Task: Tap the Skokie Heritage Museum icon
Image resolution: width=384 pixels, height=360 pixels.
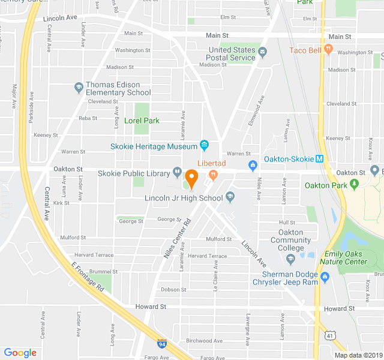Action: pos(204,145)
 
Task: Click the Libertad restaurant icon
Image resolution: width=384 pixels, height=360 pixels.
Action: pos(212,174)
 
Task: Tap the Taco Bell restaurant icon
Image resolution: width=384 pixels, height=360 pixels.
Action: pos(328,49)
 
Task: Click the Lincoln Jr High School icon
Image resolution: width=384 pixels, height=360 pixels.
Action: pos(230,197)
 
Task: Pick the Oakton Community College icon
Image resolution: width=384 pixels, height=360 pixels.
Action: pos(290,259)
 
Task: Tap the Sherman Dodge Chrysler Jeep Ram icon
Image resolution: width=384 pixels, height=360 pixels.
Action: pos(325,277)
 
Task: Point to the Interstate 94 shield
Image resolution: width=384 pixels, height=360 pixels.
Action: pos(162,344)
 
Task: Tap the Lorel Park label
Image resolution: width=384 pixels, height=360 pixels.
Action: pos(142,121)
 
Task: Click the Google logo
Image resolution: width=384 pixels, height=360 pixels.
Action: pos(20,353)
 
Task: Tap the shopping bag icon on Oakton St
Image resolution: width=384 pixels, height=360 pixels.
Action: pos(253,164)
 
